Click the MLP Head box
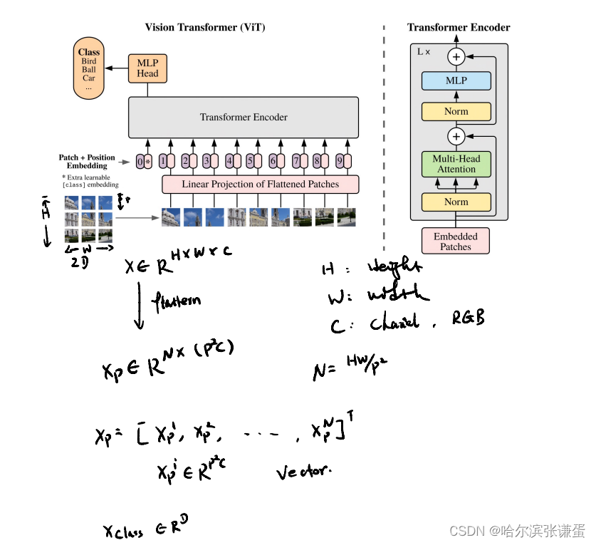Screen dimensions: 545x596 pos(147,68)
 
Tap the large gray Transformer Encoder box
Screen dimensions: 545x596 pos(244,118)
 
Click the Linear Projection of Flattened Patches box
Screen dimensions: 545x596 pos(260,184)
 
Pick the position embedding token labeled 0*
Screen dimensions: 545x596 pos(144,162)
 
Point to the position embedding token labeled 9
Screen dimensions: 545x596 pos(343,162)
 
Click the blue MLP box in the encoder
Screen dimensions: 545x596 pos(456,81)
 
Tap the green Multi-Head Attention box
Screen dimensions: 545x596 pos(456,164)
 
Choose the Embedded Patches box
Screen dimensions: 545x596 pos(456,242)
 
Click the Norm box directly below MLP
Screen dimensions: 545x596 pos(456,111)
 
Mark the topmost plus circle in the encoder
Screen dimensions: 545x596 pos(456,56)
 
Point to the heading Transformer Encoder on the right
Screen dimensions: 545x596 pos(459,28)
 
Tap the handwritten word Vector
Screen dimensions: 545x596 pos(304,471)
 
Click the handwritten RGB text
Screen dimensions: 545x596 pos(468,318)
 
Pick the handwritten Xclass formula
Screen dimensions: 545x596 pos(145,529)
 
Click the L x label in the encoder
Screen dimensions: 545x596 pos(424,52)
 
